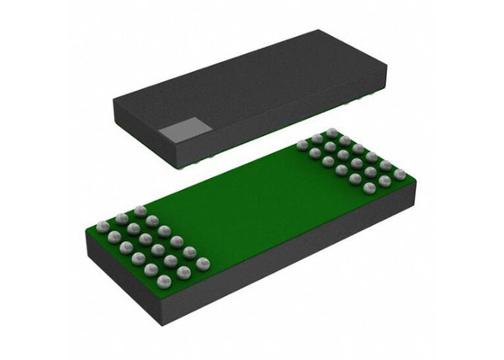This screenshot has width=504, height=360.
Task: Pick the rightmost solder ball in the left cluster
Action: pos(204,263)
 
